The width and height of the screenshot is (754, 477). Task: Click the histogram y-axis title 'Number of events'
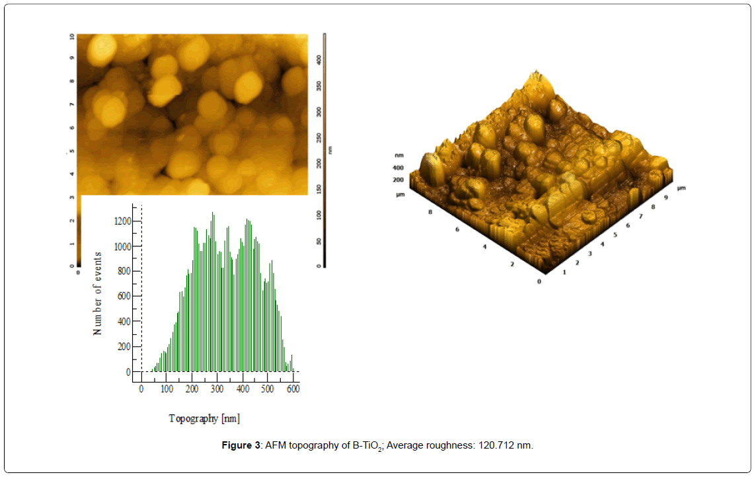pos(98,293)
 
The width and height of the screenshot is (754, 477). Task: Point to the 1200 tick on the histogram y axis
pos(122,221)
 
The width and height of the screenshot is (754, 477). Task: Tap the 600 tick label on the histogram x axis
pos(293,389)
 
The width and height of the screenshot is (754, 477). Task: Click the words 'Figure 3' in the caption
pos(241,445)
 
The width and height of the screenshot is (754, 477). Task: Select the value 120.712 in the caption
pos(495,445)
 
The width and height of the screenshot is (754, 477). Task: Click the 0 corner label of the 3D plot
pos(539,282)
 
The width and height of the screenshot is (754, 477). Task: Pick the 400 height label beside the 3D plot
pos(398,168)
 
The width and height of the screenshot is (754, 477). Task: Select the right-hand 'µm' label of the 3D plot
pos(681,188)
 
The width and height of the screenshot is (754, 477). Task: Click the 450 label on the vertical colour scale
pos(320,36)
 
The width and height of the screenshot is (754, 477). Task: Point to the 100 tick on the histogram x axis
pos(167,389)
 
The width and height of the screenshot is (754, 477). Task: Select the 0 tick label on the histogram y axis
pos(129,372)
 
